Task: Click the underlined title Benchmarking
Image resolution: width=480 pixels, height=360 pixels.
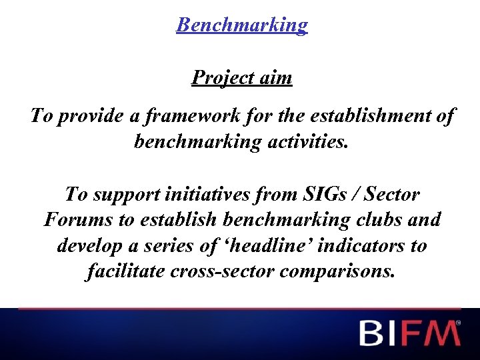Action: tap(242, 25)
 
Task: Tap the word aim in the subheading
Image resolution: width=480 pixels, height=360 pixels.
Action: tap(275, 78)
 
